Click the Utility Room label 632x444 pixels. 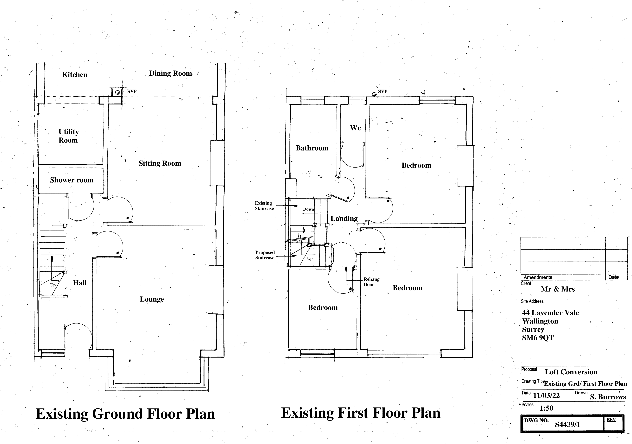click(x=69, y=136)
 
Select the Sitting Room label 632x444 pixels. click(x=160, y=163)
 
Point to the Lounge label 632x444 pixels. click(x=152, y=299)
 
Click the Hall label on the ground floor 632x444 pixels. click(x=79, y=283)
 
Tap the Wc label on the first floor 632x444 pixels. click(x=355, y=128)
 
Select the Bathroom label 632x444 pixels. click(x=312, y=148)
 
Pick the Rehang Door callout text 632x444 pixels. click(x=371, y=282)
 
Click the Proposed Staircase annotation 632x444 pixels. click(x=265, y=255)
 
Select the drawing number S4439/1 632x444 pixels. click(x=567, y=424)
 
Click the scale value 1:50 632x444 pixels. click(x=546, y=408)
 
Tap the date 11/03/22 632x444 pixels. click(x=546, y=396)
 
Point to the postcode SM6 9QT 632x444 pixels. click(x=538, y=338)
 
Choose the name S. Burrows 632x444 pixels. click(x=608, y=397)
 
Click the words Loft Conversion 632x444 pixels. click(x=571, y=372)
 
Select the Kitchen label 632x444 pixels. click(x=75, y=75)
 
